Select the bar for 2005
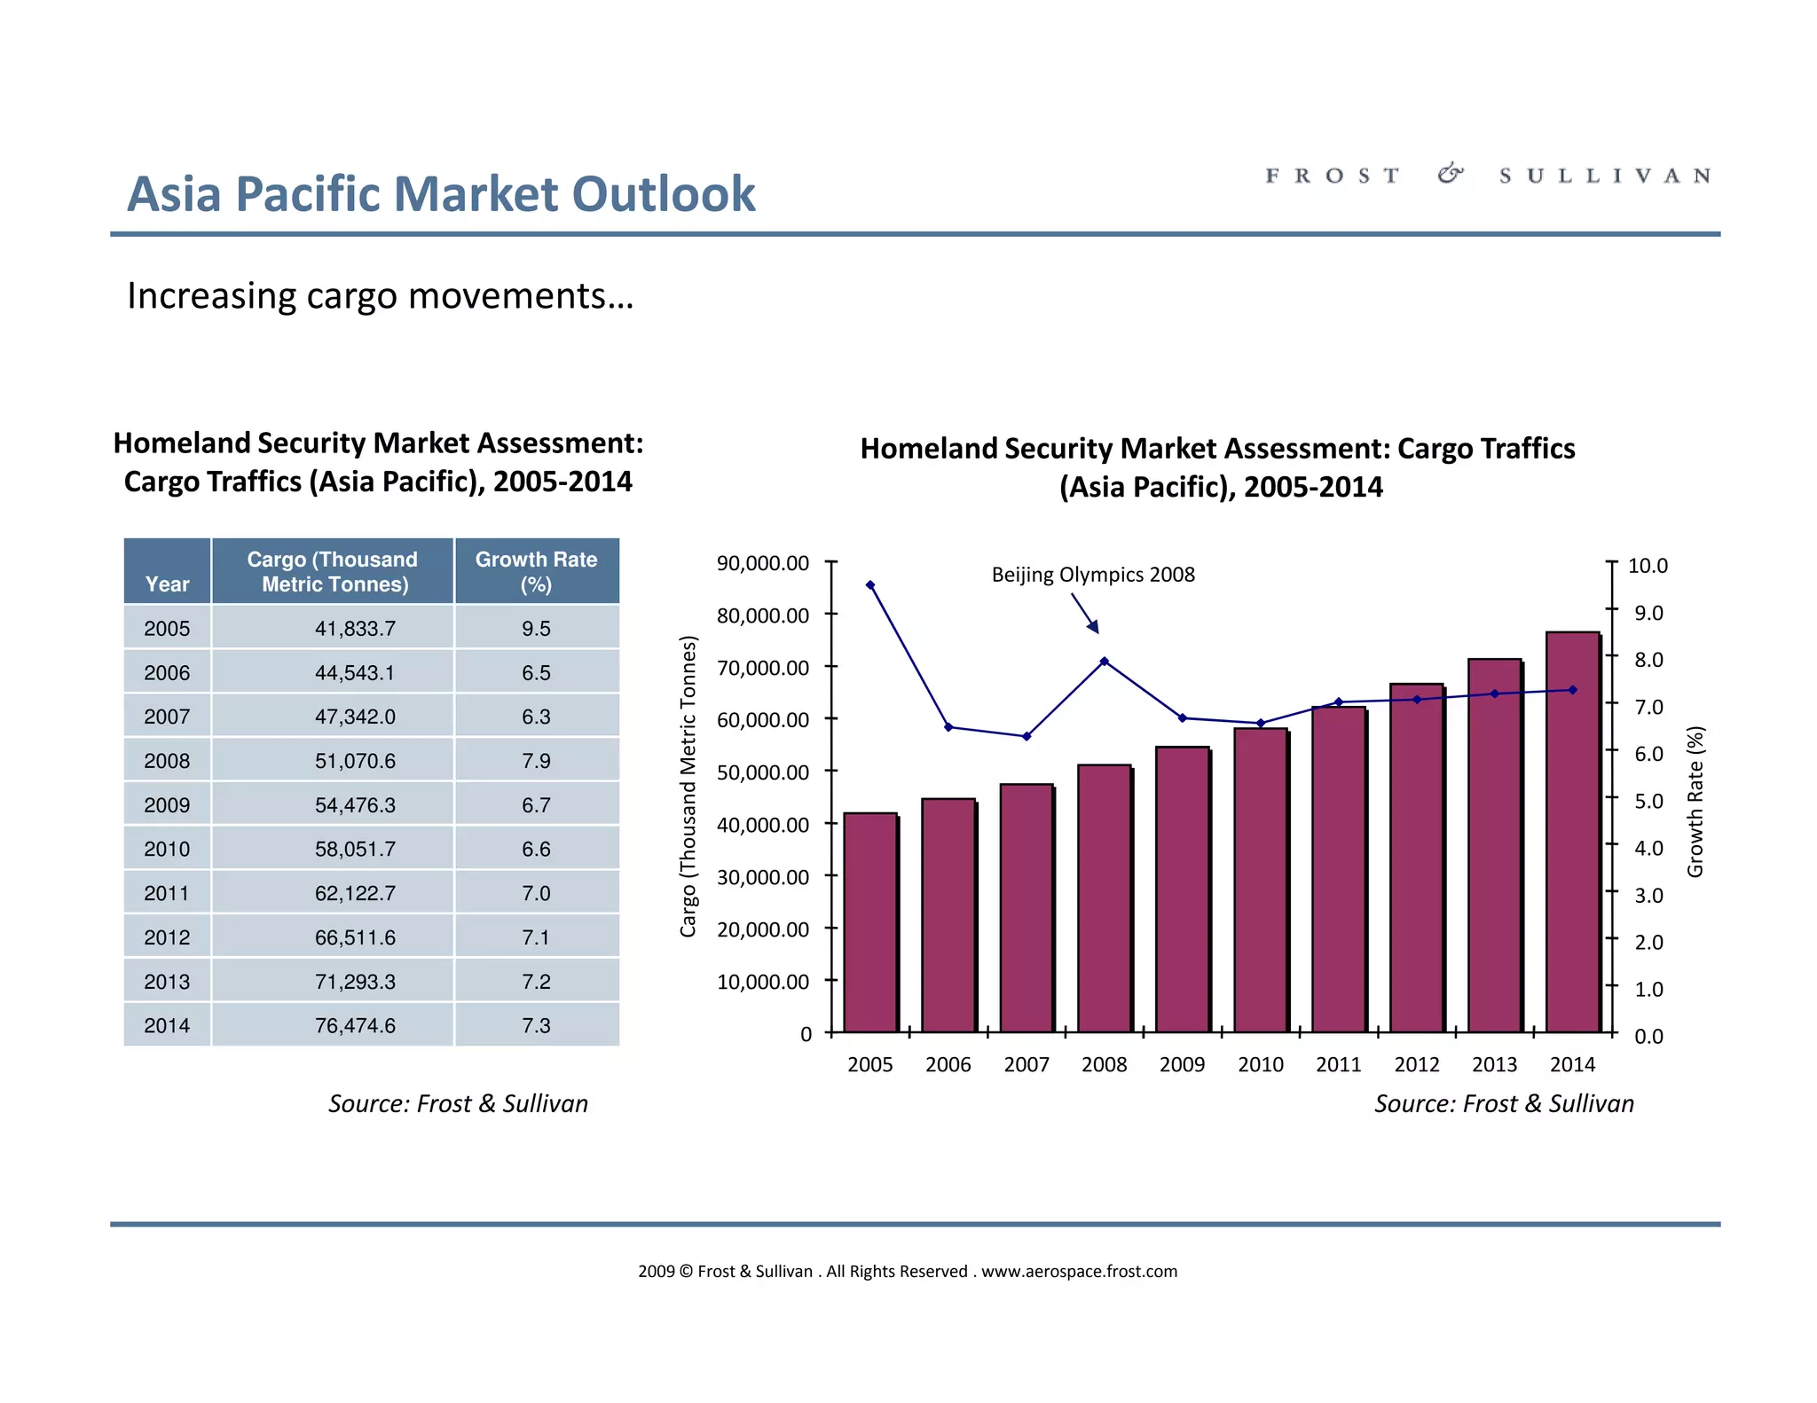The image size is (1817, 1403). click(x=869, y=922)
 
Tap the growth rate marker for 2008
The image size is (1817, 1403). click(x=1104, y=661)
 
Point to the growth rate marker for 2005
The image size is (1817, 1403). click(x=870, y=585)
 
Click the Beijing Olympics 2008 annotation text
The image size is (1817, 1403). click(x=1092, y=575)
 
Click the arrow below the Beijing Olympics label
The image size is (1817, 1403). click(x=1085, y=613)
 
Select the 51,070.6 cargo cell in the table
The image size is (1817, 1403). click(x=355, y=761)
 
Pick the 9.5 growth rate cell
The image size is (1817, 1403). click(x=536, y=629)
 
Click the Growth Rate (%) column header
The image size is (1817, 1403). click(x=536, y=572)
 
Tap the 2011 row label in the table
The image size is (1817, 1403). click(x=167, y=893)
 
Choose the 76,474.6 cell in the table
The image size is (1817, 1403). click(x=355, y=1025)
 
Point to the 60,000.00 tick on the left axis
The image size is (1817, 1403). click(x=763, y=720)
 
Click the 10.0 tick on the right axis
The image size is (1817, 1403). click(x=1647, y=566)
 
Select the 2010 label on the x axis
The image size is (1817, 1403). click(x=1260, y=1064)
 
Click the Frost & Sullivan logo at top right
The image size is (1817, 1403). click(x=1487, y=175)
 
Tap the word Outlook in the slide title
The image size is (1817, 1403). click(x=664, y=194)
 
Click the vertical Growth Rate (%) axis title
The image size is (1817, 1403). click(x=1695, y=802)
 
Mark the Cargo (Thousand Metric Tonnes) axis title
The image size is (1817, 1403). click(x=688, y=786)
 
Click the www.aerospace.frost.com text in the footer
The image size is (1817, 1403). click(x=1079, y=1271)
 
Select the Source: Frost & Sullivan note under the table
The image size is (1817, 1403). click(x=458, y=1103)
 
